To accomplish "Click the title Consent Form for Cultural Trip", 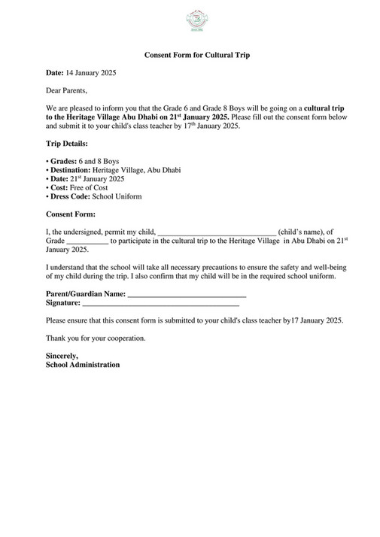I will coord(196,56).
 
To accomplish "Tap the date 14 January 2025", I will coord(91,74).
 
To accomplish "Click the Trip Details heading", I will coord(66,143).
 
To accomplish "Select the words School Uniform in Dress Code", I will coord(117,196).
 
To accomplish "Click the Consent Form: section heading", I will coord(70,214).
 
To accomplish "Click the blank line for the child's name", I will coord(217,232).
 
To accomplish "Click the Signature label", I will coord(63,302).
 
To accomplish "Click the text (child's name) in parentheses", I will coord(306,232).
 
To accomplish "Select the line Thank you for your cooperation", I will coord(96,338).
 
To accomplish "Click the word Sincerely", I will coord(62,355).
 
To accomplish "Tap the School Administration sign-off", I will coord(82,364).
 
